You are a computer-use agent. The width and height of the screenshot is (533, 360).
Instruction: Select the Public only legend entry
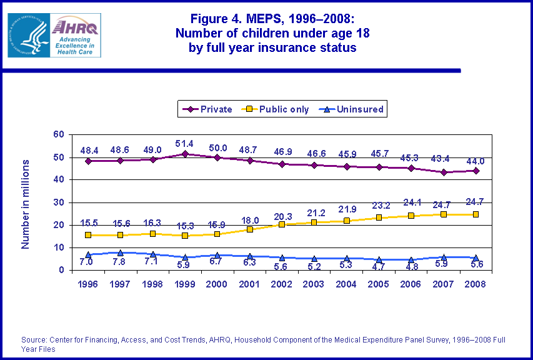click(x=278, y=109)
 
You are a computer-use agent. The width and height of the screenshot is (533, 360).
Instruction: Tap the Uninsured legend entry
click(x=354, y=109)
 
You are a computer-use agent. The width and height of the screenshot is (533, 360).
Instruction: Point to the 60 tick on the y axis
click(x=59, y=134)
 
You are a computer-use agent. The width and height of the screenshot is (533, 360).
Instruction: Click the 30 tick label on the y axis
click(x=59, y=202)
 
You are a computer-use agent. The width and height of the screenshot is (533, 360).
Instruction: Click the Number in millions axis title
click(x=26, y=204)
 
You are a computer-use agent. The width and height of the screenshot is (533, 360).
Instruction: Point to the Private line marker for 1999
click(x=185, y=154)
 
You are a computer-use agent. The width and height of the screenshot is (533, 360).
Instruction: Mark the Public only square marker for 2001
click(x=249, y=229)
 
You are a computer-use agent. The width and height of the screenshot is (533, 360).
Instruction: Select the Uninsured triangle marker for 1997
click(x=121, y=252)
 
